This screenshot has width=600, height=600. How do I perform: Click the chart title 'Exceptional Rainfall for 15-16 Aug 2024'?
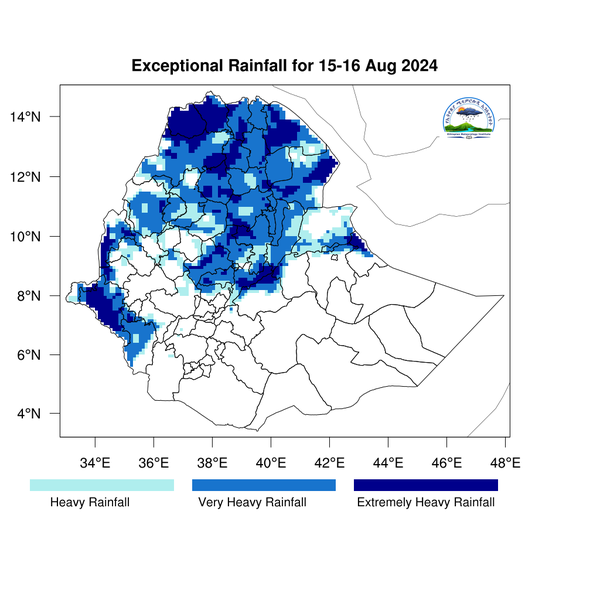point(285,66)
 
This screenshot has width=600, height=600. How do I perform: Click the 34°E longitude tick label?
point(96,463)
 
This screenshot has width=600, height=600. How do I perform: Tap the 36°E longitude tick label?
point(154,463)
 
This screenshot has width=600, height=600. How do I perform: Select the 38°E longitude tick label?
point(213,463)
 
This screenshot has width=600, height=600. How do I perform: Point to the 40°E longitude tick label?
point(271,463)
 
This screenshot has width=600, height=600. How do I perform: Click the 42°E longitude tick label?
point(330,463)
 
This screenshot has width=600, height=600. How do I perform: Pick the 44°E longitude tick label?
point(388,463)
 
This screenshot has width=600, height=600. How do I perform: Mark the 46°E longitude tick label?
point(447,463)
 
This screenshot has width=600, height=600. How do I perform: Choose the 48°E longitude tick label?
point(505,463)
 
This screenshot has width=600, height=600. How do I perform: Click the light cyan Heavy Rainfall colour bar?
point(102,485)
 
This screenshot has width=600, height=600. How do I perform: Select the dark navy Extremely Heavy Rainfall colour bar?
point(426,485)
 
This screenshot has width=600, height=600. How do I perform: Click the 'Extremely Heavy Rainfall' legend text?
point(426,502)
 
